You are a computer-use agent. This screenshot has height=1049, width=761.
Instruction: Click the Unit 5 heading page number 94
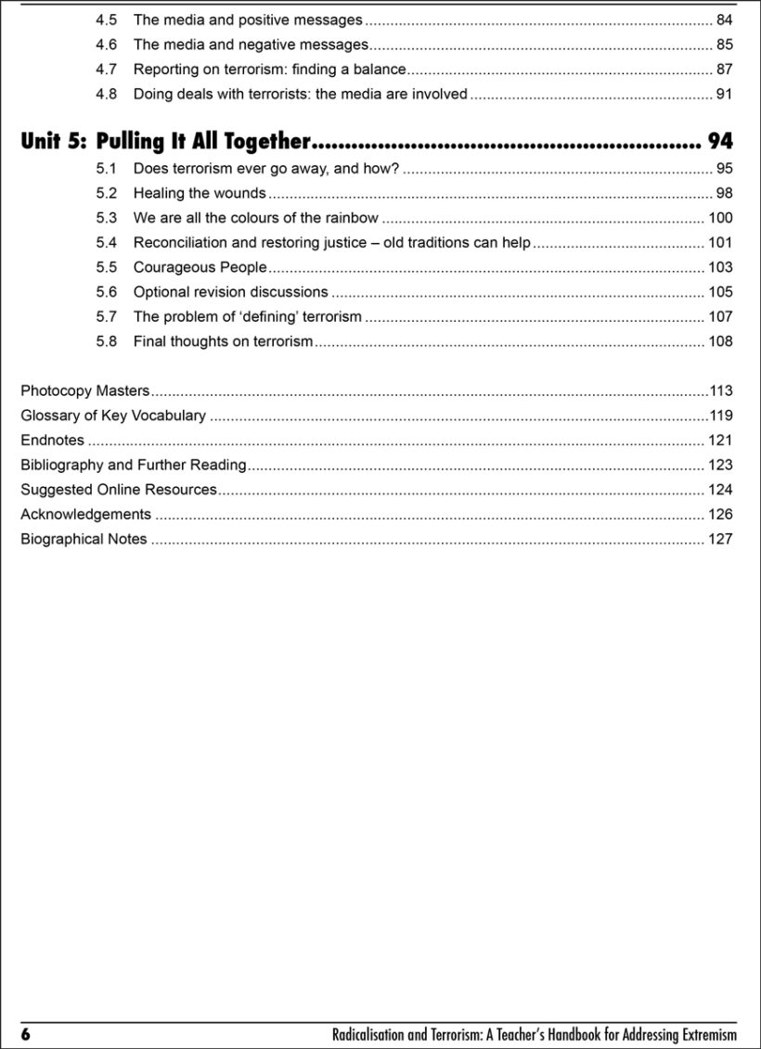click(719, 141)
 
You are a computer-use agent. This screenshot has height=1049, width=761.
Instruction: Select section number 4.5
click(106, 19)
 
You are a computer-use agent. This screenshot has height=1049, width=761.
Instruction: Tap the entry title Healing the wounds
click(200, 193)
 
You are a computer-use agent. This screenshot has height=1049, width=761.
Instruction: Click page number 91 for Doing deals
click(724, 94)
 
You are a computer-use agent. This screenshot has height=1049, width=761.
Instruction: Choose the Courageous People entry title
click(200, 267)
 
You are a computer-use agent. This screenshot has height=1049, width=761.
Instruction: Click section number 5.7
click(106, 316)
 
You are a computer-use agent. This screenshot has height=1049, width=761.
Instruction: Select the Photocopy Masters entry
click(84, 390)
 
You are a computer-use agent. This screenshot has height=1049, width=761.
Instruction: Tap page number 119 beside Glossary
click(720, 416)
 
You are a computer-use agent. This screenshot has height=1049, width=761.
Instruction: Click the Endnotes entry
click(52, 441)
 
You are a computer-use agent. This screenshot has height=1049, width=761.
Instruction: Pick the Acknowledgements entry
click(85, 514)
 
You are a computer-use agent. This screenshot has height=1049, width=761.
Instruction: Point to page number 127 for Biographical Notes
click(719, 539)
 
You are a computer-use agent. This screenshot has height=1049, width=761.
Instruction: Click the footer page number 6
click(26, 1034)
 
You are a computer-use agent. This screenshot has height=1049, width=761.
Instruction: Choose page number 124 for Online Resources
click(719, 490)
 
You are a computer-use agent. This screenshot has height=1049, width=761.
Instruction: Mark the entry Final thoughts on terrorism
click(223, 341)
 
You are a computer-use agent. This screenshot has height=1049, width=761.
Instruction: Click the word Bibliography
click(62, 465)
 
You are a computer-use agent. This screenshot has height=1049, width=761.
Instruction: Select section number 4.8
click(106, 94)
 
